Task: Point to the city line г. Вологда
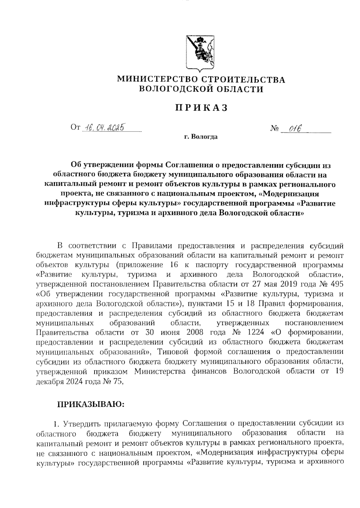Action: (x=201, y=137)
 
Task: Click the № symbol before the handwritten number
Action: (x=274, y=129)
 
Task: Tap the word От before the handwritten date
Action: (x=75, y=128)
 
